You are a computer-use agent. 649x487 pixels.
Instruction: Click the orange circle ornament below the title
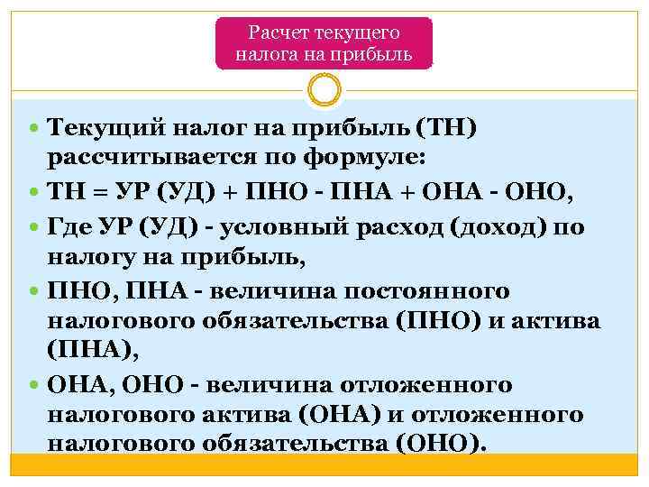[x=324, y=91]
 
